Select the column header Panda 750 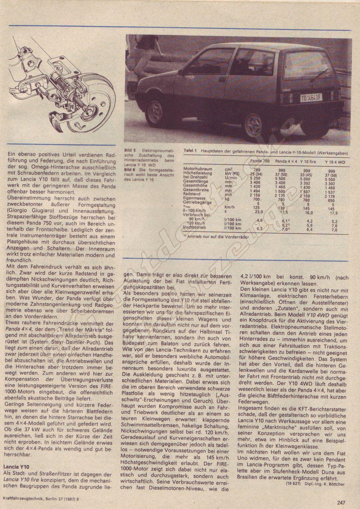coord(260,161)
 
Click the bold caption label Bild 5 coord(130,150)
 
